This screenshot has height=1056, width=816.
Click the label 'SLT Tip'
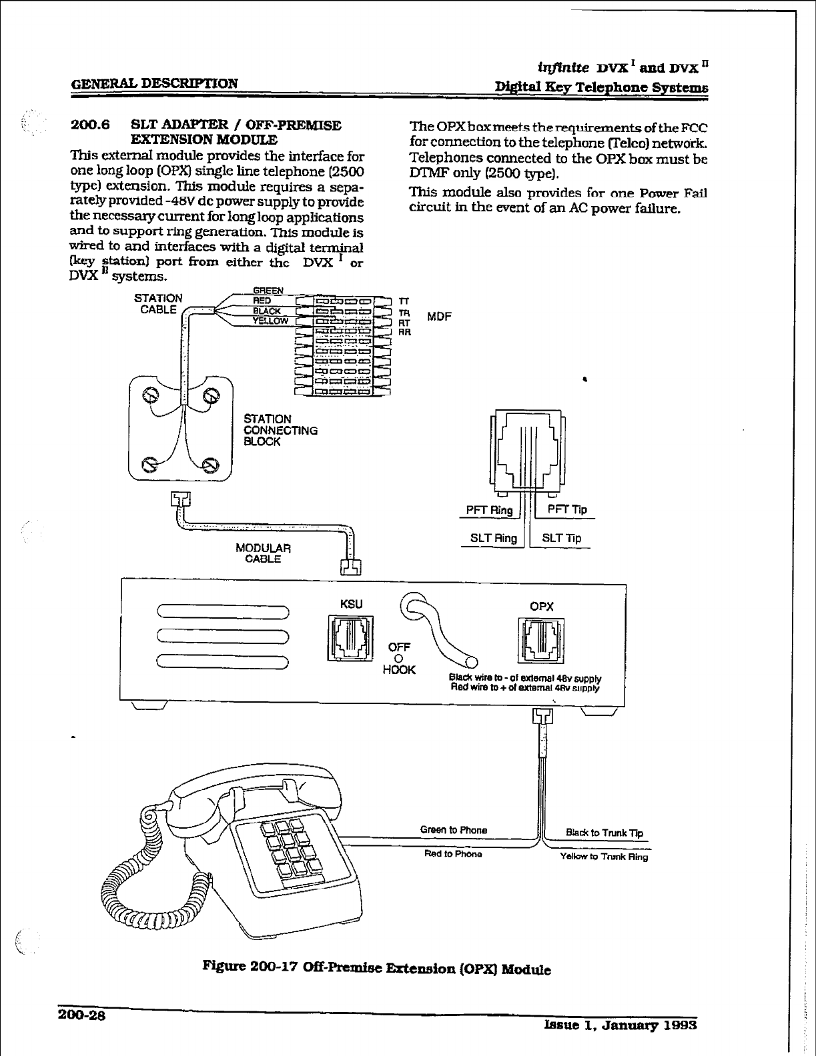[x=561, y=538]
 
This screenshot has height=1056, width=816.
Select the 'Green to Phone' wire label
[x=453, y=830]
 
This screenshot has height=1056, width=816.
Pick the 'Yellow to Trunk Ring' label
[x=604, y=857]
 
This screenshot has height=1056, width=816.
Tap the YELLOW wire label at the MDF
[x=270, y=321]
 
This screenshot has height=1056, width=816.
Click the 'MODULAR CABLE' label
[x=264, y=553]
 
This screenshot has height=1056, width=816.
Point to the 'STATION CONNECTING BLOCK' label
[x=280, y=430]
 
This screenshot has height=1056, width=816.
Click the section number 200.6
[x=90, y=125]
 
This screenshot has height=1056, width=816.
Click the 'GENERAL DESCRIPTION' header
[x=154, y=84]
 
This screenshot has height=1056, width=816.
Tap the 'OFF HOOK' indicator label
[x=399, y=658]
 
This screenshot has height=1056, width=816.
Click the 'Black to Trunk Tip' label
[x=604, y=833]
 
